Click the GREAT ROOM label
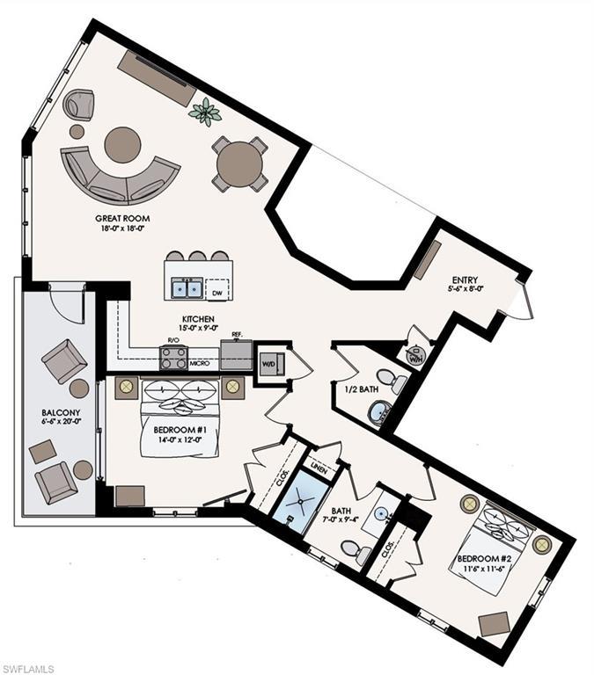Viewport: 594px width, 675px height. (122, 218)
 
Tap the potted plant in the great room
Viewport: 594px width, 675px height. (205, 111)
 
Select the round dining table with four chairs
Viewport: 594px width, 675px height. (239, 164)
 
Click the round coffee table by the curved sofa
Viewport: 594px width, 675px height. (123, 145)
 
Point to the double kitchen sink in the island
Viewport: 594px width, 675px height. (187, 287)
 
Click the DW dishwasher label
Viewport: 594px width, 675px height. (217, 294)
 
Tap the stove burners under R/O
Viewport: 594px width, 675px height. (173, 359)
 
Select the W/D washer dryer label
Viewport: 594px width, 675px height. (268, 364)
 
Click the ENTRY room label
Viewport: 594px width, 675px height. (465, 280)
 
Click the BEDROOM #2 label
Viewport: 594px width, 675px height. (484, 559)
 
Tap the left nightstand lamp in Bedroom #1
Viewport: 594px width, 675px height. (127, 386)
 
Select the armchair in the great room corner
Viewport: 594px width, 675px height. (78, 105)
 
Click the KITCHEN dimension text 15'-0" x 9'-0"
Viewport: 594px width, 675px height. (198, 328)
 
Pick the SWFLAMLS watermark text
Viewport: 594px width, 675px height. (27, 669)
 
